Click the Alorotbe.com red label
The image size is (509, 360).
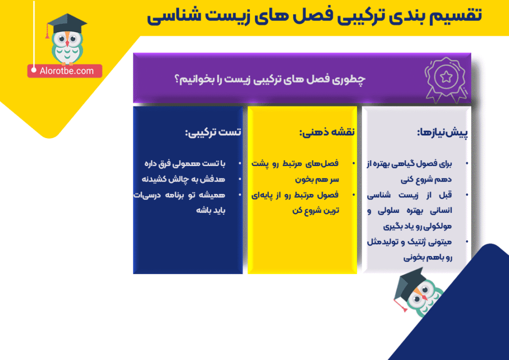coord(65,71)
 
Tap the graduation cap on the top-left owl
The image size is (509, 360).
coord(67,24)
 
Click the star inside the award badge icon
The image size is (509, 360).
coord(446,77)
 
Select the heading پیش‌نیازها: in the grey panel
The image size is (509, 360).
coord(442,132)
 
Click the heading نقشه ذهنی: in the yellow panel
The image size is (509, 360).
coord(327,132)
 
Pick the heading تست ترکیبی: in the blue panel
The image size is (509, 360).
coord(213,132)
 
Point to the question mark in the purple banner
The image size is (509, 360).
coord(177,79)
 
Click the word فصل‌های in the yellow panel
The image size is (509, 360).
coord(322,163)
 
